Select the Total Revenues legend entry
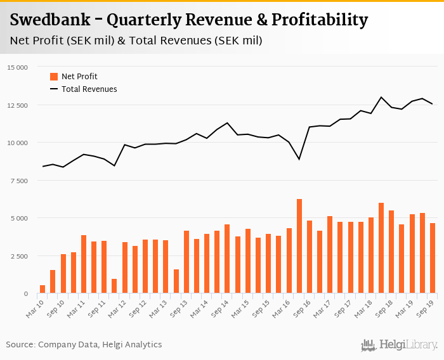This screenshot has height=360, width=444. pyautogui.click(x=89, y=89)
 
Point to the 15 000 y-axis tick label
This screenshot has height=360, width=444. pyautogui.click(x=17, y=67)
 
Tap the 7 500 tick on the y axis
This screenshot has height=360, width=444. pyautogui.click(x=19, y=181)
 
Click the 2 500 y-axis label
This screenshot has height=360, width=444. pyautogui.click(x=19, y=256)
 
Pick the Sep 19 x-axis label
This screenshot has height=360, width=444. pyautogui.click(x=424, y=307)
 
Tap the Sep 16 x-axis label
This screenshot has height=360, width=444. pyautogui.click(x=301, y=307)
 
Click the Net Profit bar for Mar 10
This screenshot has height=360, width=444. pyautogui.click(x=42, y=289)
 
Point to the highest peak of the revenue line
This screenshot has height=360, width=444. pyautogui.click(x=381, y=97)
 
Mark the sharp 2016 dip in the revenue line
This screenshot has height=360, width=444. pyautogui.click(x=299, y=159)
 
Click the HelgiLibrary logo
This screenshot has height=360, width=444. pyautogui.click(x=399, y=345)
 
